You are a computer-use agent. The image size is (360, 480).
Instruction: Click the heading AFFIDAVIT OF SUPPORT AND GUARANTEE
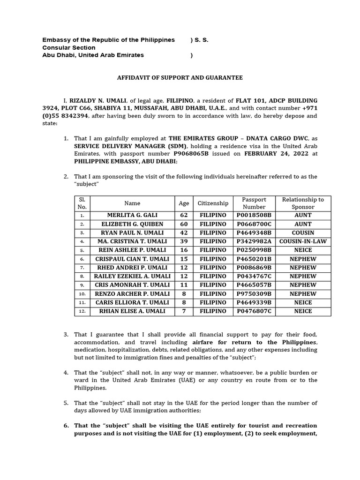coord(180,78)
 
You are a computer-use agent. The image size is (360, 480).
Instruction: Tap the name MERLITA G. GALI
coord(132,215)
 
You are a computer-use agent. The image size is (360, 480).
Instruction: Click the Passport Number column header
coord(254,203)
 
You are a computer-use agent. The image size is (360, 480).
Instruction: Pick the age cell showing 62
coord(184,215)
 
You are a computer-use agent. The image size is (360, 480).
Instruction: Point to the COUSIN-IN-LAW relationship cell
coord(303,241)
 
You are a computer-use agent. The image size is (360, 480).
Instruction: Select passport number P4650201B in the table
coord(254,259)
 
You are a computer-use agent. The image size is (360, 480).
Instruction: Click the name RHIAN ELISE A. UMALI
coord(132,311)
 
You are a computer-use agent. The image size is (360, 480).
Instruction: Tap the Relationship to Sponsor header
coord(303,203)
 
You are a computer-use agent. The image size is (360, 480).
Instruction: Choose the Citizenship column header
coord(213,203)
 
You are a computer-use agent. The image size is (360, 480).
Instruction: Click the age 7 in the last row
coord(184,311)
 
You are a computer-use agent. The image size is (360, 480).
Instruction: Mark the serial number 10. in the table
coord(82,294)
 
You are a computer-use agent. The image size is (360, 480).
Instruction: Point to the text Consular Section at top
coord(69,48)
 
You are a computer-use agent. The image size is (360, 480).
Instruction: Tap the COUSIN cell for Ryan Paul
coord(303,232)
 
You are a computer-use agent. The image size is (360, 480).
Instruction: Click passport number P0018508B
coord(254,215)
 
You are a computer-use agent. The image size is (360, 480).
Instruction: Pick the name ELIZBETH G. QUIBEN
coord(132,224)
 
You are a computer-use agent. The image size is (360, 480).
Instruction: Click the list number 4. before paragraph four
coord(66,373)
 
